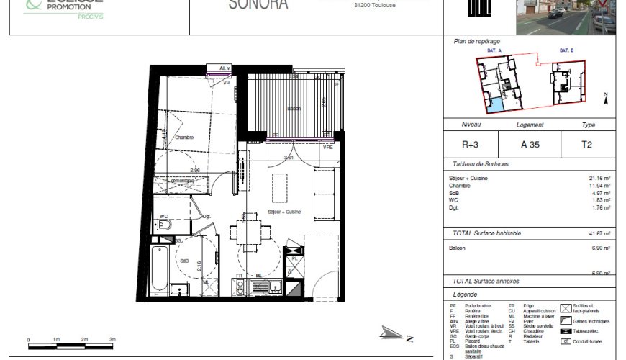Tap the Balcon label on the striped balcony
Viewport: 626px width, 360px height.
click(294, 109)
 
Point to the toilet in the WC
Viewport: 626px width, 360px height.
click(163, 225)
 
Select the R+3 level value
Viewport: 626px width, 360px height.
click(470, 144)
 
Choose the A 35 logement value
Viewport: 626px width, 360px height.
click(530, 144)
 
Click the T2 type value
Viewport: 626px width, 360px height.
click(587, 144)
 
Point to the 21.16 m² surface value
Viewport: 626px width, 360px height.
click(599, 178)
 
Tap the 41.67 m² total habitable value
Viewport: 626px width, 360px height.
click(599, 233)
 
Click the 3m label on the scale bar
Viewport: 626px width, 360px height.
click(112, 338)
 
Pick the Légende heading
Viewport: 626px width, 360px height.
click(465, 294)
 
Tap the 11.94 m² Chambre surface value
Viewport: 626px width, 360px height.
click(599, 185)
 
